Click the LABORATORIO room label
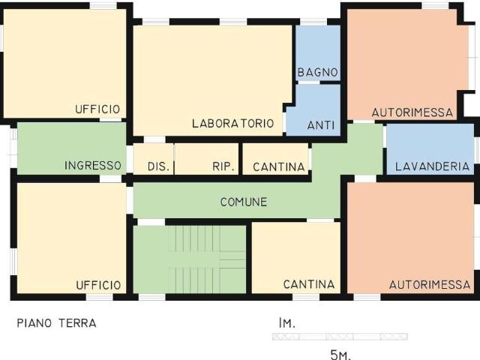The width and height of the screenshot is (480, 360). (x=232, y=124)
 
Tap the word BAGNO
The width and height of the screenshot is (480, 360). (x=317, y=73)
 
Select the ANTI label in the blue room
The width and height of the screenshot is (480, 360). (x=321, y=124)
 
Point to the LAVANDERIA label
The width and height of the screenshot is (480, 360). (x=432, y=166)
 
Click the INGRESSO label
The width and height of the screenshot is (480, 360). (x=93, y=166)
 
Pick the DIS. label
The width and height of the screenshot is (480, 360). (x=158, y=166)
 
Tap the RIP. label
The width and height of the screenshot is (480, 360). (x=223, y=166)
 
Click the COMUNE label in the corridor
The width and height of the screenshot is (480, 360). (x=244, y=202)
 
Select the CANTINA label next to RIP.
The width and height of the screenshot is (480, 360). (x=278, y=166)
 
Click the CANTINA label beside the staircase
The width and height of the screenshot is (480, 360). (x=309, y=284)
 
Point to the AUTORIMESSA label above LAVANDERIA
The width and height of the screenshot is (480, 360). (x=412, y=113)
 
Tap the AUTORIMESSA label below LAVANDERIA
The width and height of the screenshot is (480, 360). (x=430, y=284)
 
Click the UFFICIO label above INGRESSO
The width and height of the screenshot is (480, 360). (x=97, y=109)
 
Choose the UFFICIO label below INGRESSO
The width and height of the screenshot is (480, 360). (x=98, y=285)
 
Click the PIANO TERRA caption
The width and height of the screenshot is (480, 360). (x=56, y=324)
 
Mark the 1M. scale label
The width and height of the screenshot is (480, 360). (x=286, y=323)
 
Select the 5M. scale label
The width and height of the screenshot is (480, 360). (x=340, y=354)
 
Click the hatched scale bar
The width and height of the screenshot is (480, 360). (x=340, y=337)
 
